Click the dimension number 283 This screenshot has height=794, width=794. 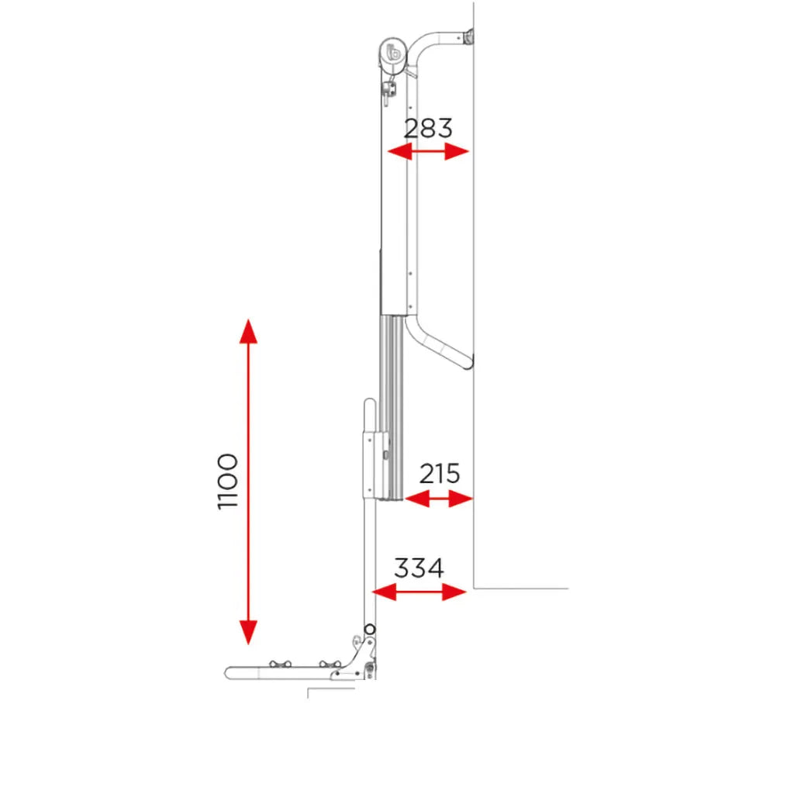(428, 128)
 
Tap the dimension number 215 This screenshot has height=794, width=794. (440, 474)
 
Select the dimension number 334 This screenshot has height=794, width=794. (419, 568)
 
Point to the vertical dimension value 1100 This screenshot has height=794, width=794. (227, 482)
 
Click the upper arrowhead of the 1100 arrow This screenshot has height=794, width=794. (248, 331)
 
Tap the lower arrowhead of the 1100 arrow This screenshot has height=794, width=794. (248, 633)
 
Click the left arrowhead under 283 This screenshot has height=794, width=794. (399, 151)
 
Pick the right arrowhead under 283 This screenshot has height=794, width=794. (457, 151)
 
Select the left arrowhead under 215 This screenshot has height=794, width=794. (417, 499)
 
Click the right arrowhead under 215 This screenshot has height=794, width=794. (461, 499)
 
